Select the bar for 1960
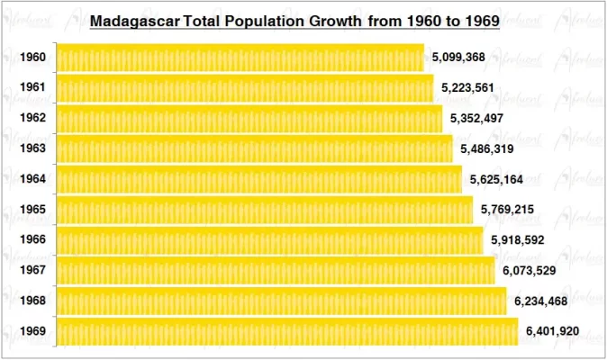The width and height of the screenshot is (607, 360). pos(240,58)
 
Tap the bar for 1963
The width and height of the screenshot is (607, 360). pos(254,148)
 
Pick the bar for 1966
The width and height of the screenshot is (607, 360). pos(269,240)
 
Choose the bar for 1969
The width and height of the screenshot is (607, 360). pos(287,331)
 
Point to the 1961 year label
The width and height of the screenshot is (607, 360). pos(32,88)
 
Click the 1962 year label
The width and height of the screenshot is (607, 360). pos(32,119)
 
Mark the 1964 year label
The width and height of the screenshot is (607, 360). pos(32,179)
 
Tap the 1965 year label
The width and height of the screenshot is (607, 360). pos(32,210)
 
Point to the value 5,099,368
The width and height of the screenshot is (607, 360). pos(458,58)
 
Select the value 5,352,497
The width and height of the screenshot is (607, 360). pos(477,119)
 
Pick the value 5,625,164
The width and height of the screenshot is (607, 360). pos(497,179)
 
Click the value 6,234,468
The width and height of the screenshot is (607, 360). pos(541,301)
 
